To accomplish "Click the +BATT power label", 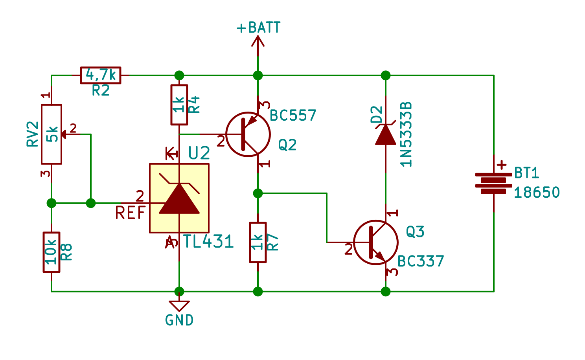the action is [x=259, y=28].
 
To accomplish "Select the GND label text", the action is [x=179, y=320].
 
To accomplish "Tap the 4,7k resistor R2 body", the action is [x=101, y=75].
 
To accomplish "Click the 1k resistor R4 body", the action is [x=179, y=105].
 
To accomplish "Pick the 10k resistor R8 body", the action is [x=52, y=252].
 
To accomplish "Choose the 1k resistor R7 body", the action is [x=258, y=242].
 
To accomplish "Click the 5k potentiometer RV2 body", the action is [x=52, y=134].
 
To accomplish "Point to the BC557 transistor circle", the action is [x=248, y=134].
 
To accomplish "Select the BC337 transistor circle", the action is [x=376, y=242].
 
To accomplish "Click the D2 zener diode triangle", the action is [x=385, y=135].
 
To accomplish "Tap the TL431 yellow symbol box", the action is [x=179, y=198].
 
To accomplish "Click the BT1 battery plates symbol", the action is [x=494, y=183].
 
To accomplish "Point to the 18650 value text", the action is [x=537, y=193].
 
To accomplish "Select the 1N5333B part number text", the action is [x=406, y=134].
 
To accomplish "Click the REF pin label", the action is [x=130, y=213].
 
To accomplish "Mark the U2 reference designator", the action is [x=199, y=153].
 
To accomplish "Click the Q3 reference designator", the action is [x=415, y=232].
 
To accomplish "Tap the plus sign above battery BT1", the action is [x=501, y=165].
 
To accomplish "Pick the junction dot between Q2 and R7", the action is [x=258, y=193].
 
